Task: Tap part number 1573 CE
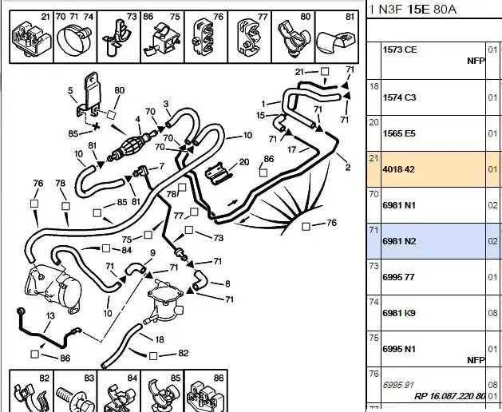click(x=401, y=50)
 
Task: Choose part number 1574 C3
click(x=401, y=97)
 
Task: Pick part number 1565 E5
click(x=400, y=133)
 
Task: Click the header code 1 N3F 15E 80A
click(x=412, y=9)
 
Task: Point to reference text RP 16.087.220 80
click(x=450, y=396)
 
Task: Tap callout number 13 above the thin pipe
click(x=49, y=316)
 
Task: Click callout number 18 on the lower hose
click(x=160, y=339)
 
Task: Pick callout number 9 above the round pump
click(x=152, y=254)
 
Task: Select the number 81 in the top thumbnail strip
click(x=350, y=16)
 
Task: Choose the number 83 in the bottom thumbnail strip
click(x=89, y=377)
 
